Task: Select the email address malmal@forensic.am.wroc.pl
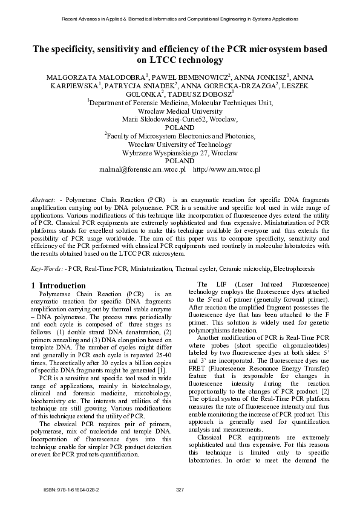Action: (142, 170)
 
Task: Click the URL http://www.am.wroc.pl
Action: (226, 170)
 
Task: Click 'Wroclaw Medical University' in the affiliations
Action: (180, 111)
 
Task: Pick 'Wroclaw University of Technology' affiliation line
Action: (180, 144)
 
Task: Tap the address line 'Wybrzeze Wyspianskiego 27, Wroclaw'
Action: (180, 153)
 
